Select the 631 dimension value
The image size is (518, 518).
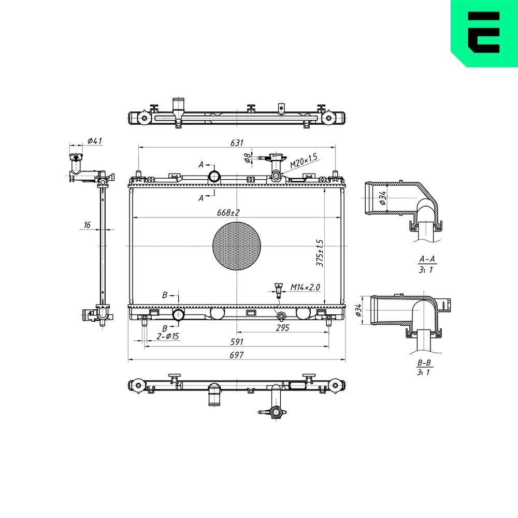237,142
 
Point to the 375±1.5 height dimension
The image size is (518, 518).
320,253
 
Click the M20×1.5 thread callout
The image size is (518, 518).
304,161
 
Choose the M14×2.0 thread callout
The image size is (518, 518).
305,286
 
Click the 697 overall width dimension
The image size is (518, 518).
237,355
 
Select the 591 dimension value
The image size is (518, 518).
237,342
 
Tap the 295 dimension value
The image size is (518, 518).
282,328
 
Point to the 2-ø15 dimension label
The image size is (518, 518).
167,337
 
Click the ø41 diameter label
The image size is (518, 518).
94,140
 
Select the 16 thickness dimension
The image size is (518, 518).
87,224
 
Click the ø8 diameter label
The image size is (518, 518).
248,156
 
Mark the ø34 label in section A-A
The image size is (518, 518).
383,198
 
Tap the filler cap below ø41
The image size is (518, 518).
76,158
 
